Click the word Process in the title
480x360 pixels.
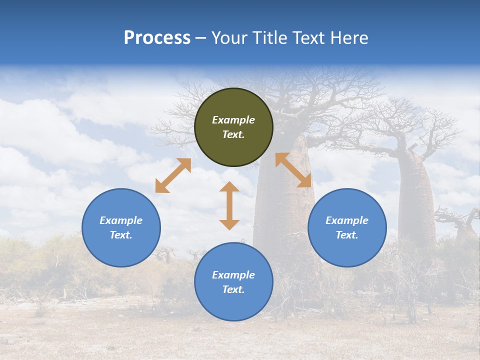(157, 38)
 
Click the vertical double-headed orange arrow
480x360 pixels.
(229, 205)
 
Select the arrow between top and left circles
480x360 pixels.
(173, 175)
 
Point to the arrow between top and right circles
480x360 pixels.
(293, 170)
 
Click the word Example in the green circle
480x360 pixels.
(233, 120)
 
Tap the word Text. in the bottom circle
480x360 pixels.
(233, 289)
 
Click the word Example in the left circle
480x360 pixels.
(121, 220)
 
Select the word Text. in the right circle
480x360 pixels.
(347, 235)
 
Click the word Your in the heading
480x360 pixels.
(227, 38)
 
